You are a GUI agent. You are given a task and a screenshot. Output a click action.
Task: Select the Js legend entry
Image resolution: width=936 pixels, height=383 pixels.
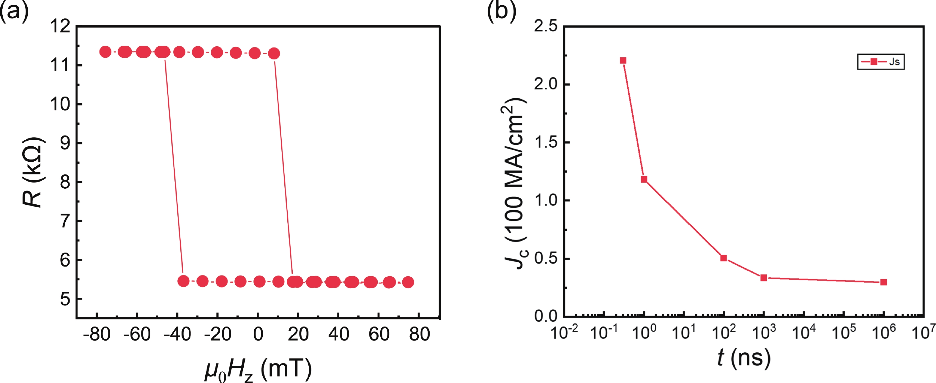click(880, 62)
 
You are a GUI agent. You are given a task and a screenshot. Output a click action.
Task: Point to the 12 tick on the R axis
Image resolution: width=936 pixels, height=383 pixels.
click(60, 26)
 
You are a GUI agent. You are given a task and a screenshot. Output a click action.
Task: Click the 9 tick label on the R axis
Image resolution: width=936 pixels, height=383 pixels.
click(65, 143)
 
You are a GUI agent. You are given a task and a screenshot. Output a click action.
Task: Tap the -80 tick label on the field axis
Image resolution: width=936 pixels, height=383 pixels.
click(97, 334)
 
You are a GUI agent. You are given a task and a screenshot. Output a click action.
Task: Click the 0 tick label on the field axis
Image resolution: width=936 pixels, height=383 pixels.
click(258, 334)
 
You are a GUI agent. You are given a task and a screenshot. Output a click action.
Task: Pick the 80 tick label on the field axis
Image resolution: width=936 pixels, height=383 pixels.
click(419, 334)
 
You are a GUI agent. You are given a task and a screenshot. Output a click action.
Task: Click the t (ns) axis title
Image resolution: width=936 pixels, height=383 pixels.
click(743, 358)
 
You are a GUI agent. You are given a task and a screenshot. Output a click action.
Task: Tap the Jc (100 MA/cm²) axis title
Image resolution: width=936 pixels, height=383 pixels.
click(515, 184)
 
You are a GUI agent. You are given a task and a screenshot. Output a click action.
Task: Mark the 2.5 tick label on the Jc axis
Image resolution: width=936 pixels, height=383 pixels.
click(545, 26)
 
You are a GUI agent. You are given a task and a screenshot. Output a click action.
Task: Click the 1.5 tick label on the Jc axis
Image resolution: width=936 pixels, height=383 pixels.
click(545, 142)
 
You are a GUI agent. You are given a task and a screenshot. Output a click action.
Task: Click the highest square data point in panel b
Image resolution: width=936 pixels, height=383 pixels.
click(623, 60)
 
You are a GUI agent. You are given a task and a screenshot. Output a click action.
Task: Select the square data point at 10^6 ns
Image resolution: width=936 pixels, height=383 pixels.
click(884, 282)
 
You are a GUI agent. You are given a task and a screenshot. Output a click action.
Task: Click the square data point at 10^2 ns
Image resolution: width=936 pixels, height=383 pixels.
click(724, 258)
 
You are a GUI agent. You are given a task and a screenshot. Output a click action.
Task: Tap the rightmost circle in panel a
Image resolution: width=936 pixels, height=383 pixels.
click(408, 282)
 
